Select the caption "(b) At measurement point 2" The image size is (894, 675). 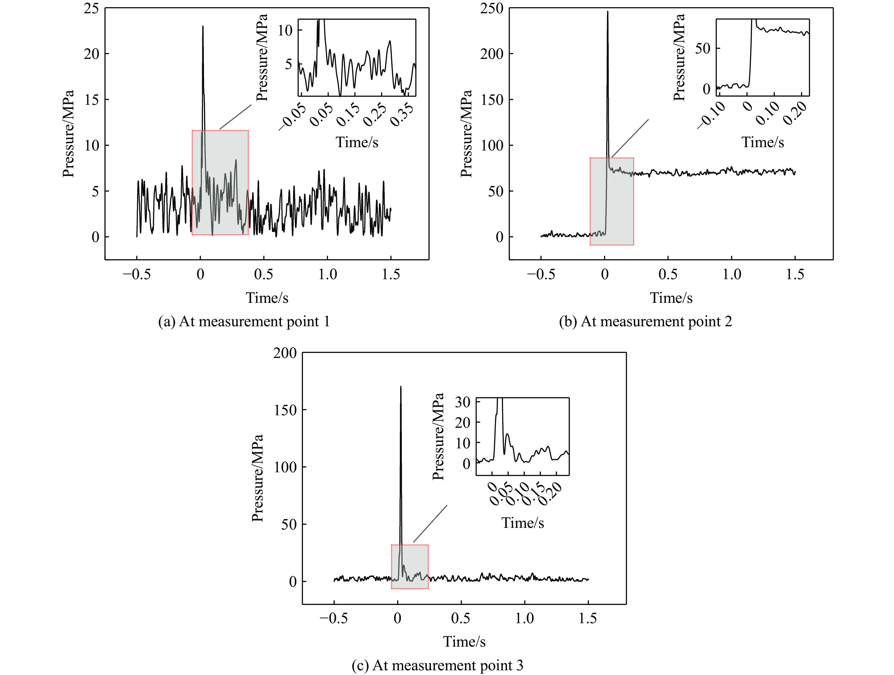[x=645, y=322]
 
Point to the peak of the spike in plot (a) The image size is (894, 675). [x=203, y=27]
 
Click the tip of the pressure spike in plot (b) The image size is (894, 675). [x=607, y=12]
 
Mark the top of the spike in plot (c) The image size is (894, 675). [x=400, y=387]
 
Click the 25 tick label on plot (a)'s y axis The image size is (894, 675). [x=91, y=8]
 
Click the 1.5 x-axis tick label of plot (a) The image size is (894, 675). [x=391, y=275]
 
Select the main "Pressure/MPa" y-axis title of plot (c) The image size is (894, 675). [x=258, y=478]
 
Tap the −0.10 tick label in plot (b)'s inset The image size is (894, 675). [x=711, y=115]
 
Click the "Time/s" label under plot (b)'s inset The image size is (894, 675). [x=763, y=142]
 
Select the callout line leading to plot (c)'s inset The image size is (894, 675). [x=430, y=524]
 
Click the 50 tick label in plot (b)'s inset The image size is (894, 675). [x=702, y=49]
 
